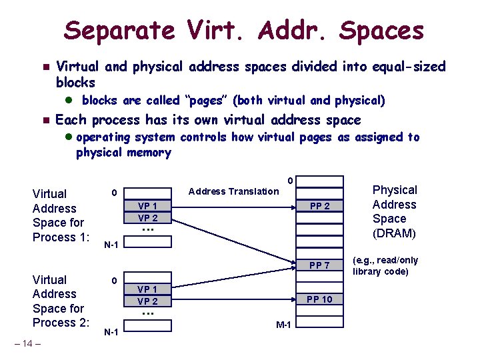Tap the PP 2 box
pyautogui.click(x=319, y=207)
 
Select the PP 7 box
pyautogui.click(x=319, y=266)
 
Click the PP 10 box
pyautogui.click(x=319, y=299)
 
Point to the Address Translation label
pyautogui.click(x=234, y=191)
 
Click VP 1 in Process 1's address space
pyautogui.click(x=148, y=207)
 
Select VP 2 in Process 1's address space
pyautogui.click(x=148, y=218)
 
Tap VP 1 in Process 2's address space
pyautogui.click(x=148, y=289)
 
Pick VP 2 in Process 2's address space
pyautogui.click(x=148, y=301)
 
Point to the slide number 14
pyautogui.click(x=27, y=344)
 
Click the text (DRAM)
pyautogui.click(x=394, y=233)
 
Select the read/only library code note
pyautogui.click(x=385, y=266)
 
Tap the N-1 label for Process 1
pyautogui.click(x=111, y=245)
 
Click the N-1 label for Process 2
pyautogui.click(x=111, y=332)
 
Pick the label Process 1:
pyautogui.click(x=61, y=237)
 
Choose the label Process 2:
pyautogui.click(x=61, y=323)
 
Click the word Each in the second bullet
pyautogui.click(x=73, y=120)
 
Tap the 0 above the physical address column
pyautogui.click(x=289, y=181)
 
